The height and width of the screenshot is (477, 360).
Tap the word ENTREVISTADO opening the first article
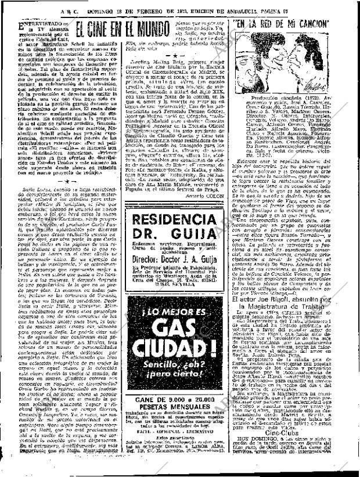pos(36,26)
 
